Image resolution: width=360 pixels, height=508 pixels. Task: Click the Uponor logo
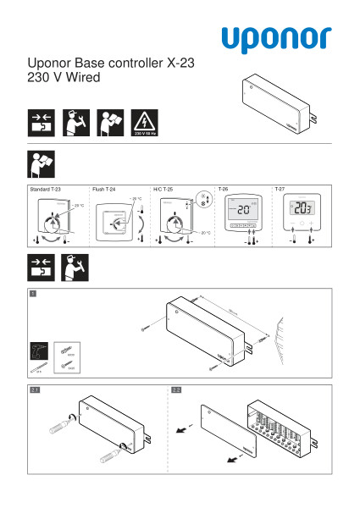[276, 38]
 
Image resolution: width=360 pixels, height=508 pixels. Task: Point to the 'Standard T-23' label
[45, 190]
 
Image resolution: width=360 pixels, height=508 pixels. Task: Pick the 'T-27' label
[280, 190]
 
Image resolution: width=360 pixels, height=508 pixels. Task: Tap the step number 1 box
[33, 293]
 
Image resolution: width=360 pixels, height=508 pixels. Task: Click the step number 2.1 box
[35, 389]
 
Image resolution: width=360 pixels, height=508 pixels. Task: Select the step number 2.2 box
[176, 389]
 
